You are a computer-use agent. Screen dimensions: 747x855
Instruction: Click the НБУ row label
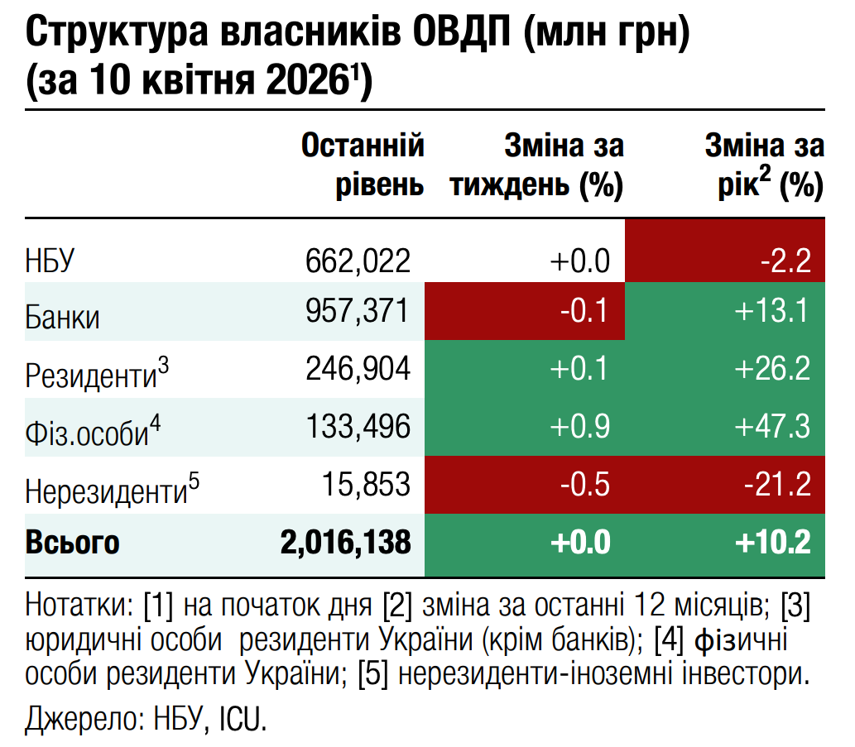coord(51,262)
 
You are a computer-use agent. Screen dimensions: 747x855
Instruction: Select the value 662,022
coord(358,262)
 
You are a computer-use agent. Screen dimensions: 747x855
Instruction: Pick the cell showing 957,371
coord(358,311)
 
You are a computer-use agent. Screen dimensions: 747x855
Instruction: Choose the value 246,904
coord(358,369)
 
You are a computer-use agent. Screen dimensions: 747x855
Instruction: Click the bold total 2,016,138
coord(346,543)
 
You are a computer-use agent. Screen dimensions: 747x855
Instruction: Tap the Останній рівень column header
coord(363,165)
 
